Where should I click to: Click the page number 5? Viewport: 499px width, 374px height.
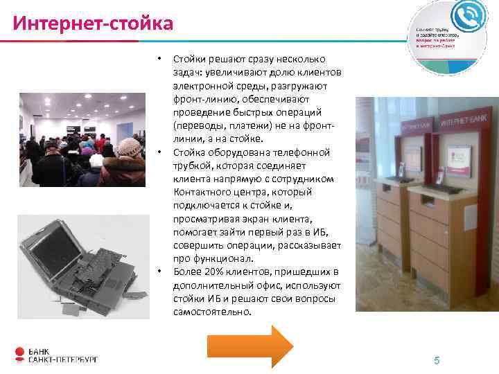click(x=437, y=360)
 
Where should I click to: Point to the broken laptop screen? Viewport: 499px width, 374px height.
click(x=51, y=247)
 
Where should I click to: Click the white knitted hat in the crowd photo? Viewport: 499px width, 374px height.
click(x=129, y=146)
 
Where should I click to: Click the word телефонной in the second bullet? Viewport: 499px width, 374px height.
click(x=304, y=152)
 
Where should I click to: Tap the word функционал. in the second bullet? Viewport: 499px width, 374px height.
click(x=215, y=258)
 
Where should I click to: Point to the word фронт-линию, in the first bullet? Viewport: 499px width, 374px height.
click(x=204, y=100)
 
